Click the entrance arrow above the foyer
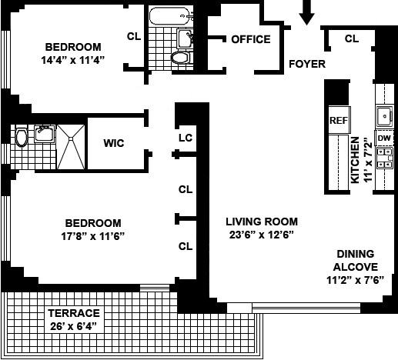[307, 12]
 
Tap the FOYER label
[307, 64]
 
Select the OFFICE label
[251, 39]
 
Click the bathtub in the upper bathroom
[170, 16]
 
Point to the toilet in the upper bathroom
[180, 58]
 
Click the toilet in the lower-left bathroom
[21, 137]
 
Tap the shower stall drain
[71, 138]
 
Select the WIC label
[114, 143]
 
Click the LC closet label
[186, 138]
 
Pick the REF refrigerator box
[339, 120]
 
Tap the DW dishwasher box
[384, 138]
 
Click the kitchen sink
[384, 116]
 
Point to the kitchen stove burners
[385, 158]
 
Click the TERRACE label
[74, 313]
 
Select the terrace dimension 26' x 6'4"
[74, 326]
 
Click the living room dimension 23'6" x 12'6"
[262, 235]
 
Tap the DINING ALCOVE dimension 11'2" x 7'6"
[355, 280]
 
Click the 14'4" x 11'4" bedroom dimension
[73, 60]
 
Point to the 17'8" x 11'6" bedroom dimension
[92, 236]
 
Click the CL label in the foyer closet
[352, 38]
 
